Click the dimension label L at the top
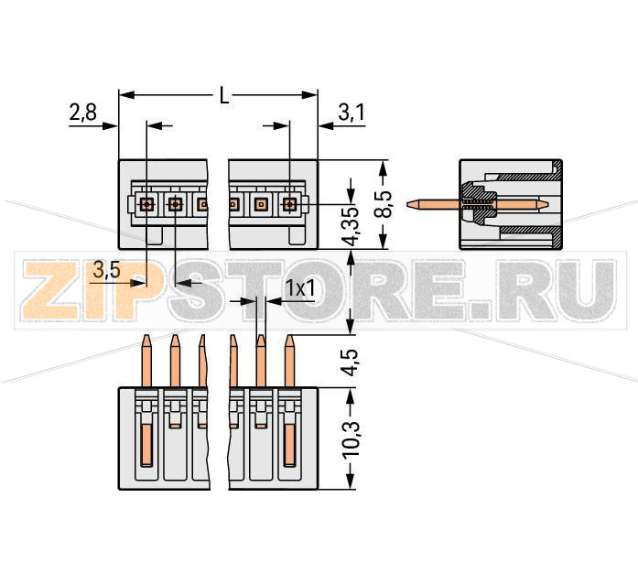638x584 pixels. pos(224,95)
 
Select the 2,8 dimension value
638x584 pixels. pos(82,113)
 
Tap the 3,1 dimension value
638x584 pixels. pos(351,113)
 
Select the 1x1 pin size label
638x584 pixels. pos(300,288)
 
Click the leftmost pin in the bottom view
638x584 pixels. pos(146,362)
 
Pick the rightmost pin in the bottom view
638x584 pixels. pos(289,362)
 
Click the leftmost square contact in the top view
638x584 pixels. pos(146,204)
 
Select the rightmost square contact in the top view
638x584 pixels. pos(289,204)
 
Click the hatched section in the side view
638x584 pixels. pos(477,203)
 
